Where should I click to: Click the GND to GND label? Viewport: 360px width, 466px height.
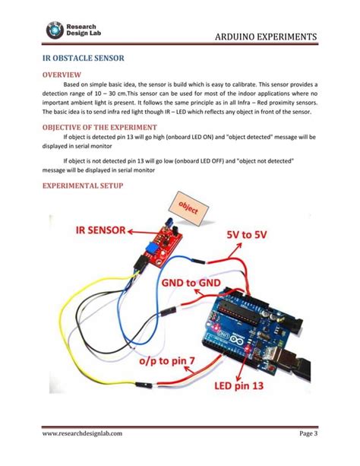pos(191,284)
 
